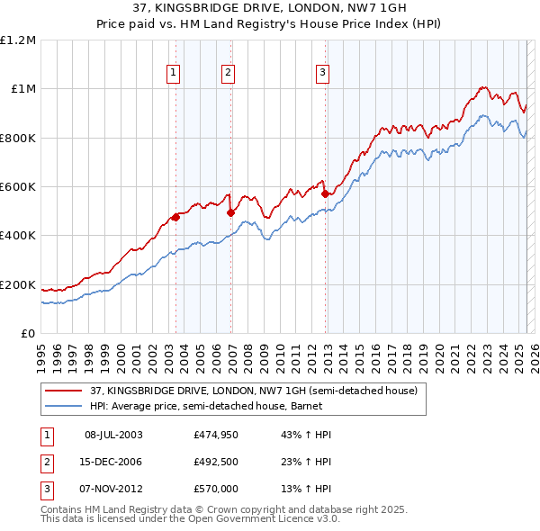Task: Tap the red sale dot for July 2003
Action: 176,217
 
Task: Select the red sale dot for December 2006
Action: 231,213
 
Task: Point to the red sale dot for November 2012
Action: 325,193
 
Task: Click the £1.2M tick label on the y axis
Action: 19,40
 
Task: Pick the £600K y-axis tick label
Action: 19,187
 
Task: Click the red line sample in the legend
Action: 65,391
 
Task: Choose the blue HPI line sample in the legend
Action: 65,406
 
